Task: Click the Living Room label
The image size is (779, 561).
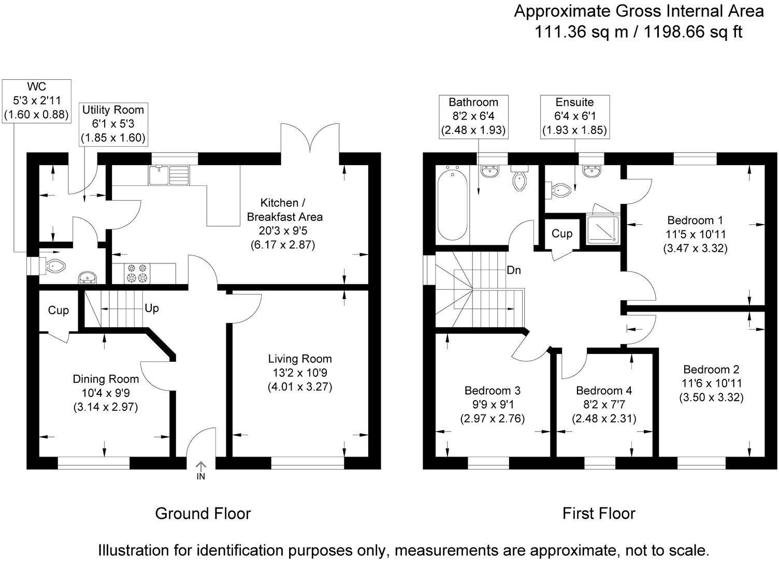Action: (x=299, y=359)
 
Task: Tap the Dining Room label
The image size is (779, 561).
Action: (x=106, y=379)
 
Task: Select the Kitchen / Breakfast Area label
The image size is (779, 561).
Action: (x=285, y=210)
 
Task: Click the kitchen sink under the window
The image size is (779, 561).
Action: (x=169, y=175)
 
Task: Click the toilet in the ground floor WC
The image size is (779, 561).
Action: (x=55, y=266)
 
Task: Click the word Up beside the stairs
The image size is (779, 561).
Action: (x=152, y=308)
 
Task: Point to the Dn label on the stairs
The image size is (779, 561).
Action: (x=514, y=270)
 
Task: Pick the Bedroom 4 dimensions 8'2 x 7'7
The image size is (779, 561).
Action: (x=604, y=404)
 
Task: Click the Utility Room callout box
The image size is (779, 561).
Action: (x=113, y=124)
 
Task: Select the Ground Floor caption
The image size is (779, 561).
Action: (x=203, y=513)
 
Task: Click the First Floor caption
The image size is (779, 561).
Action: (x=599, y=513)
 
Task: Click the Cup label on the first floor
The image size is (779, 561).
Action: (x=561, y=233)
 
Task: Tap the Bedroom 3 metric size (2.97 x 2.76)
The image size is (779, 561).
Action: (x=492, y=418)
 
